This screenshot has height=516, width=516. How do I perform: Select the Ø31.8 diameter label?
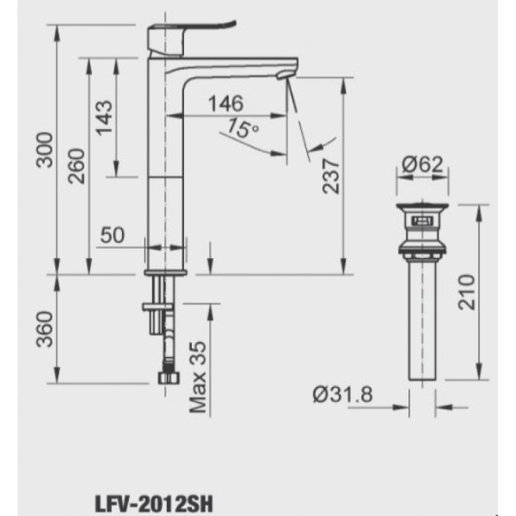coord(343,395)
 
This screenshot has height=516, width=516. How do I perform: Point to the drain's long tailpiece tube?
coord(422,318)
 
